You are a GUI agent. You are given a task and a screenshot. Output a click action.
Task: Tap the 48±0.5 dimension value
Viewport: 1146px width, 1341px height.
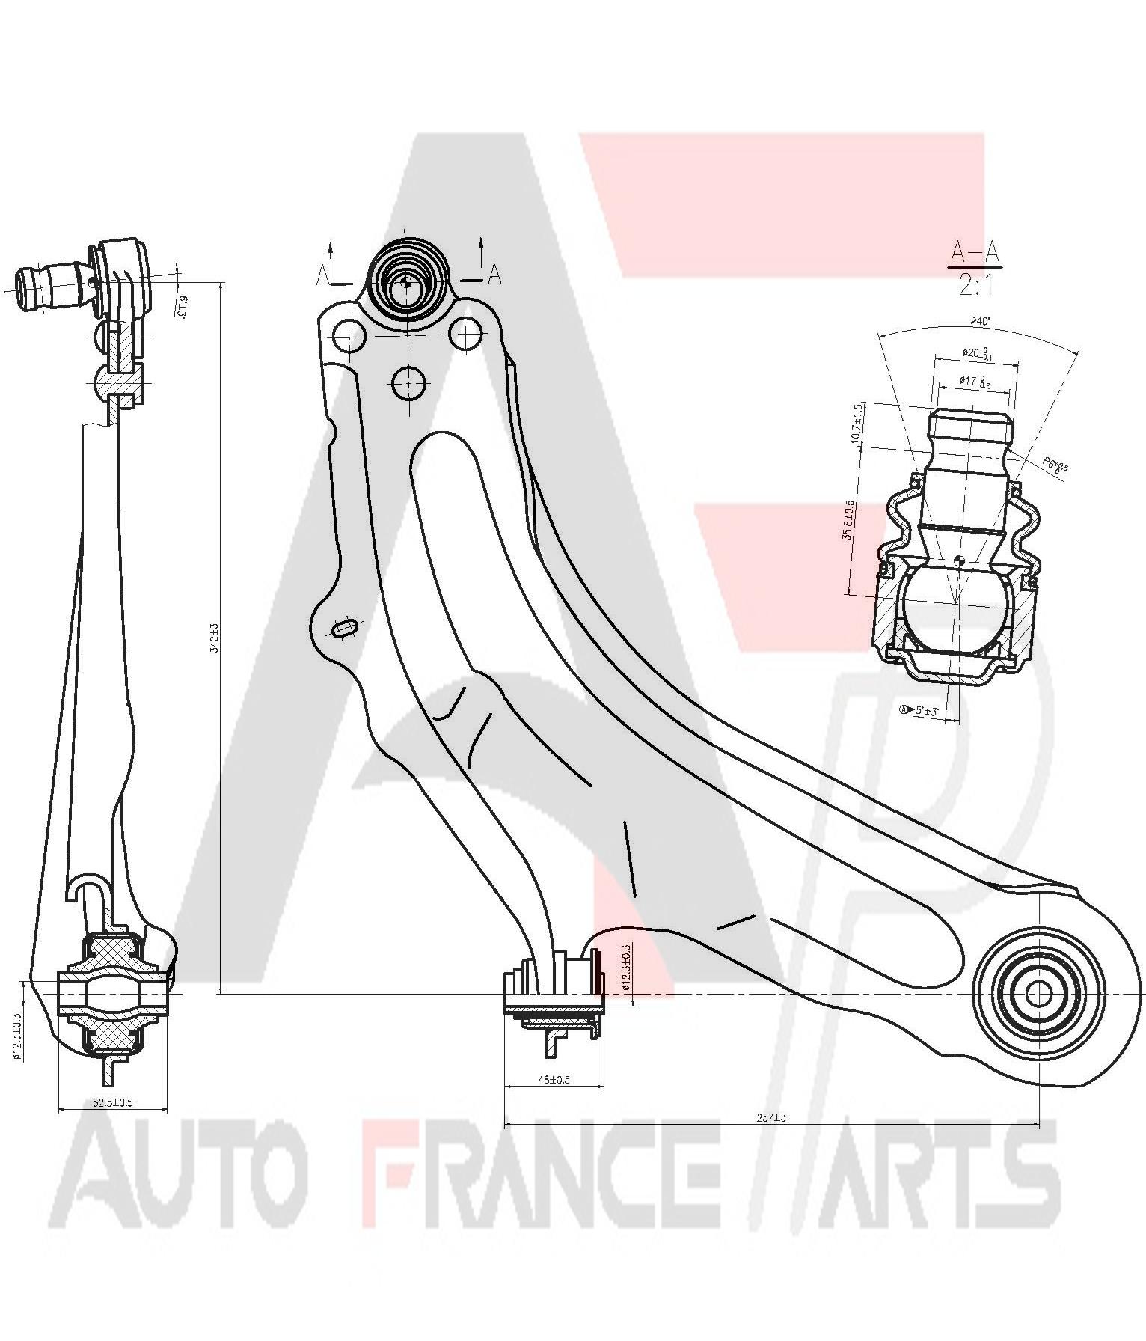coord(554,1079)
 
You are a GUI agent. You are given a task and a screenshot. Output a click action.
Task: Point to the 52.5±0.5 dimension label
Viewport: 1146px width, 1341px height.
coord(113,1102)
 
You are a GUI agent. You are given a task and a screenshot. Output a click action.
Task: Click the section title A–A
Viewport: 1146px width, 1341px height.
coord(973,253)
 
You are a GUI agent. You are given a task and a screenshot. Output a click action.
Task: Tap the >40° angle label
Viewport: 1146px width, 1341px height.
coord(979,321)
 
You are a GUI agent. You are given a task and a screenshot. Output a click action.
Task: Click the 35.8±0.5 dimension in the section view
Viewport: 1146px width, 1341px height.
coord(848,520)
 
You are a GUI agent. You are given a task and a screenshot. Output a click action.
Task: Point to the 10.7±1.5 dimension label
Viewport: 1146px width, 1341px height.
coord(857,424)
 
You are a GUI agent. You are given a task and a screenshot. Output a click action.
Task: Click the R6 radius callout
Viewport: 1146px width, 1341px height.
coord(1055,465)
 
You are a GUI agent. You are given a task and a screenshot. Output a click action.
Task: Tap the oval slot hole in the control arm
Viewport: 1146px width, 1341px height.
coord(345,629)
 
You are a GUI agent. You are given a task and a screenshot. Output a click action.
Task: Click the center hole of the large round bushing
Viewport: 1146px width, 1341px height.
coord(1037,994)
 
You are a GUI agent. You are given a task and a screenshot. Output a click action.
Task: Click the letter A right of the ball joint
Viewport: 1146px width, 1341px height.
coord(494,275)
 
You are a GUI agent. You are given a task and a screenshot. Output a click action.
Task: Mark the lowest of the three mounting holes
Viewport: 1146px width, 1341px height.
coord(408,383)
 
